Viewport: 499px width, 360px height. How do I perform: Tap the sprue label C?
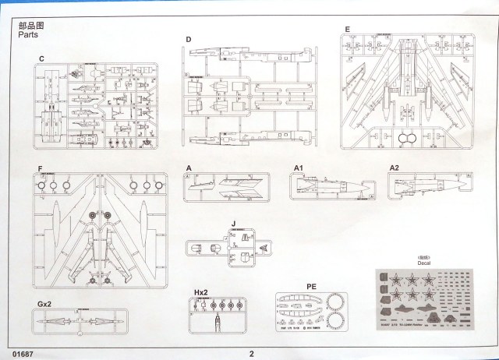click(41, 60)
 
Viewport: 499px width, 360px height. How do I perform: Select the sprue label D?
click(188, 39)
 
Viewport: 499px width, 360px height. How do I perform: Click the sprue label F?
click(39, 168)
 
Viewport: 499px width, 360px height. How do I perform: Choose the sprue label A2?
click(394, 168)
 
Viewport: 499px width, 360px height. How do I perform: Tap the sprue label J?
click(233, 223)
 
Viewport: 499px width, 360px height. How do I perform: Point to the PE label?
click(311, 286)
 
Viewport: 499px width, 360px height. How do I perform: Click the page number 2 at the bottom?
click(251, 352)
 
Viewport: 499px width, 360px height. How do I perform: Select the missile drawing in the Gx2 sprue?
click(79, 319)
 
